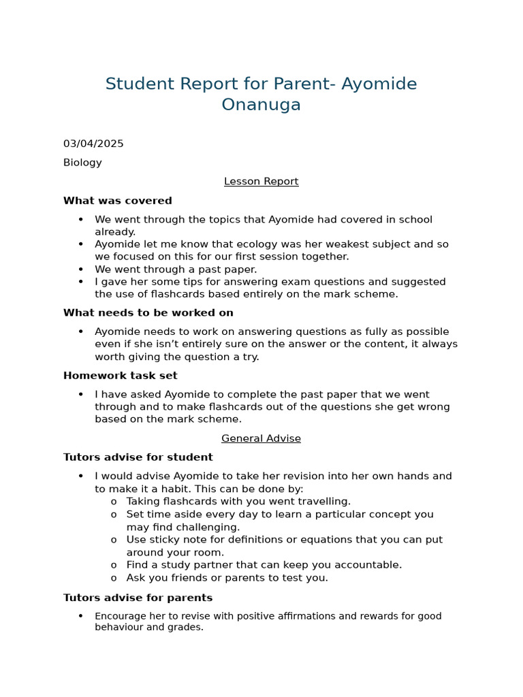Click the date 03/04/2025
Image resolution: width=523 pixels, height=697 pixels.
click(x=93, y=144)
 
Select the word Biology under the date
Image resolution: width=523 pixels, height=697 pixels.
click(x=82, y=163)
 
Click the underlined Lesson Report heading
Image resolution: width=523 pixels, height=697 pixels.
click(x=261, y=182)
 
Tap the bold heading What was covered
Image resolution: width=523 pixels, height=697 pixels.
click(x=117, y=201)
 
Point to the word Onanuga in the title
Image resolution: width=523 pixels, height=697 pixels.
click(x=261, y=105)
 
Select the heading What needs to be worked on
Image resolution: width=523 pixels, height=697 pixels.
click(x=148, y=313)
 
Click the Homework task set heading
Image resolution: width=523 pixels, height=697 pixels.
click(x=120, y=376)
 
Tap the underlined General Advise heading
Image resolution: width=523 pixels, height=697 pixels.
click(x=261, y=439)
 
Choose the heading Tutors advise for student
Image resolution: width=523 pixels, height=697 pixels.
click(x=138, y=457)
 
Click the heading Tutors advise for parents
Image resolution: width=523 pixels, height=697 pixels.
click(x=138, y=598)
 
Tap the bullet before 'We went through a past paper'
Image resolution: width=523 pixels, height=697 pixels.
click(x=81, y=270)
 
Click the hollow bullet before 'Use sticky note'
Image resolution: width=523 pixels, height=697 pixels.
click(x=114, y=540)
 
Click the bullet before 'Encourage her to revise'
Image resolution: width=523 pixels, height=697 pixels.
click(x=81, y=616)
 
